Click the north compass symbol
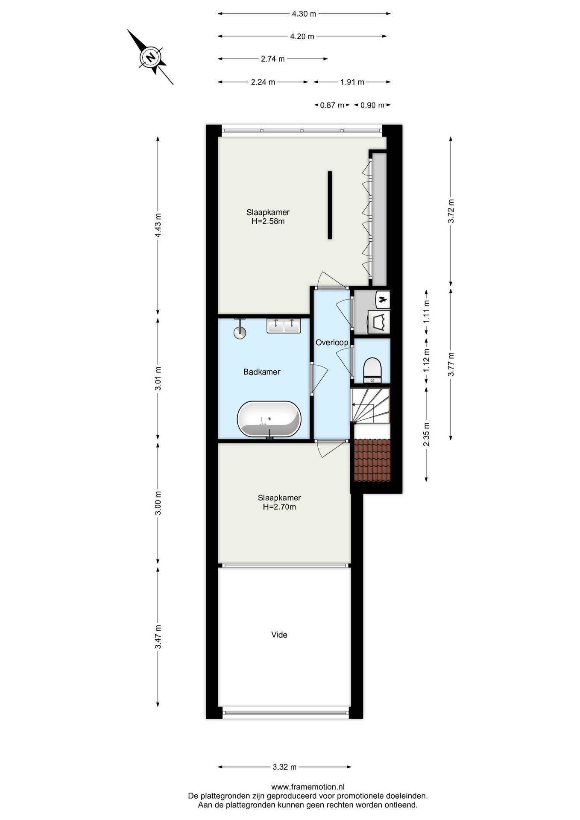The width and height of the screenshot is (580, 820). click(x=150, y=57)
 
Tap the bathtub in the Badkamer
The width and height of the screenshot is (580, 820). click(x=269, y=419)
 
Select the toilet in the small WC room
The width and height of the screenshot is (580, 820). click(x=372, y=370)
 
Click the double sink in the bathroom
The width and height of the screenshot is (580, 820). click(x=283, y=325)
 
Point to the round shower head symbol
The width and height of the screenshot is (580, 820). click(x=240, y=332)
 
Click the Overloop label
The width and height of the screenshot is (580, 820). click(x=332, y=343)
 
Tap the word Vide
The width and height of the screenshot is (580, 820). click(x=279, y=635)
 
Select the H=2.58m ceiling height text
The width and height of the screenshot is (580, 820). click(x=268, y=221)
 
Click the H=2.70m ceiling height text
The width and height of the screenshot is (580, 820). click(x=279, y=507)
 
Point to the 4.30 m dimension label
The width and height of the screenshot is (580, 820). click(x=304, y=14)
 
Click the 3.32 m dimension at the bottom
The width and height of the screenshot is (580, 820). click(x=284, y=767)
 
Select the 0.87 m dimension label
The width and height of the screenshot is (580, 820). click(x=332, y=105)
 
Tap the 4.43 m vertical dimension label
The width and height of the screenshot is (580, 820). click(x=158, y=225)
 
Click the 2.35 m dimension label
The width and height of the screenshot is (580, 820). click(x=426, y=434)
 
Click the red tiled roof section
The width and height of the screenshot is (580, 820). click(x=372, y=460)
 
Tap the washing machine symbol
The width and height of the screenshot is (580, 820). click(x=379, y=322)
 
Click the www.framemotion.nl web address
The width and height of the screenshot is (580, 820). click(x=308, y=787)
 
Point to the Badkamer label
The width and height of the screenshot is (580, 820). click(x=262, y=372)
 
